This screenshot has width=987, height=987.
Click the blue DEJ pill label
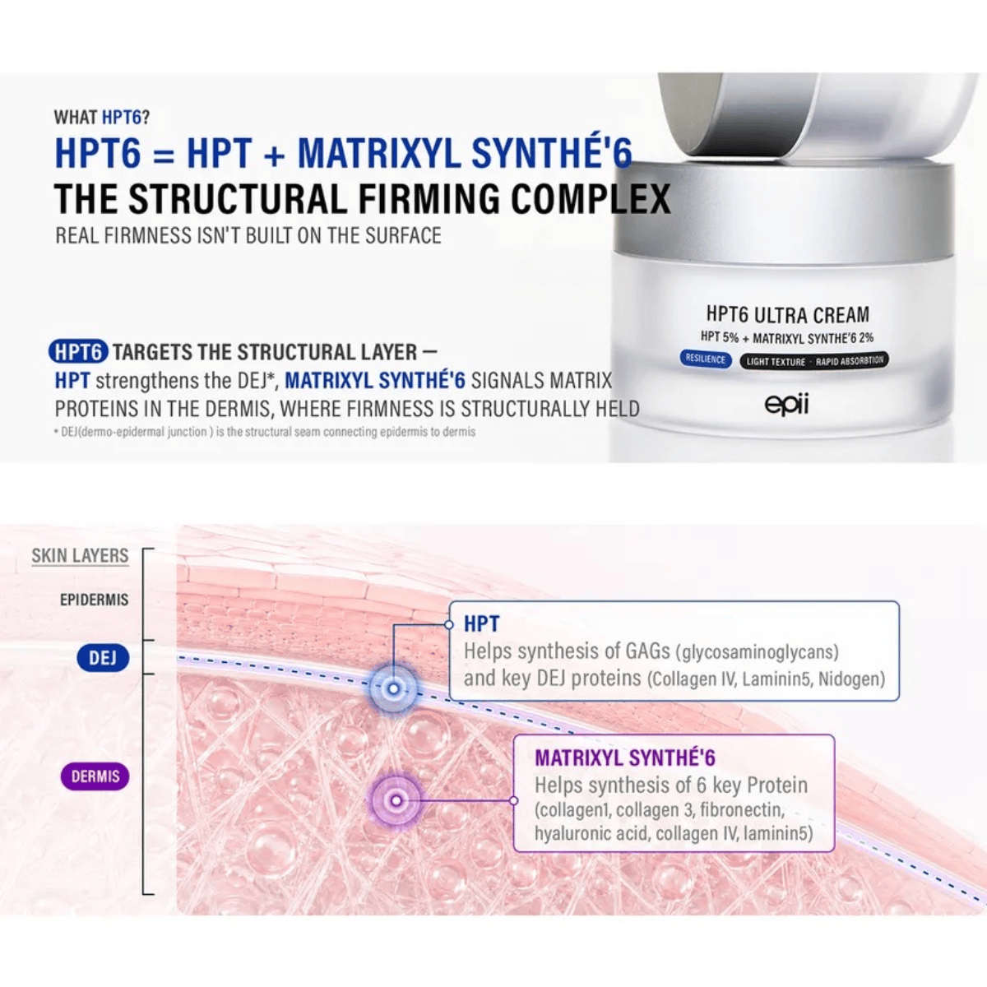tap(103, 658)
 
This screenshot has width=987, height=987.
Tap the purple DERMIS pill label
tap(95, 776)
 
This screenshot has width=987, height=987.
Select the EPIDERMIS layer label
tap(95, 600)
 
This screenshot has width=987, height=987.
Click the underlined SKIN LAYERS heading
tap(80, 556)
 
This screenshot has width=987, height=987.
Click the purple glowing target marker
tap(396, 800)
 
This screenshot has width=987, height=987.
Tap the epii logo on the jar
tap(787, 405)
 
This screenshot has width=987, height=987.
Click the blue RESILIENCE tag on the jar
tap(706, 359)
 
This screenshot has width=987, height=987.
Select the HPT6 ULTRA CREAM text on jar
tap(788, 314)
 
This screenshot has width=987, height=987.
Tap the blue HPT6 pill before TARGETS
tap(78, 352)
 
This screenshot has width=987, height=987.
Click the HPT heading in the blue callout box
tap(481, 623)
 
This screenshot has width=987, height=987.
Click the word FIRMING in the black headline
tap(429, 199)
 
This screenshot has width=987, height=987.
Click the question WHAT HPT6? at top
tap(102, 118)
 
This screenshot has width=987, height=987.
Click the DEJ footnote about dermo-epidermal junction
tap(266, 432)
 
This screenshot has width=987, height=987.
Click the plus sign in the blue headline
tap(275, 154)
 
